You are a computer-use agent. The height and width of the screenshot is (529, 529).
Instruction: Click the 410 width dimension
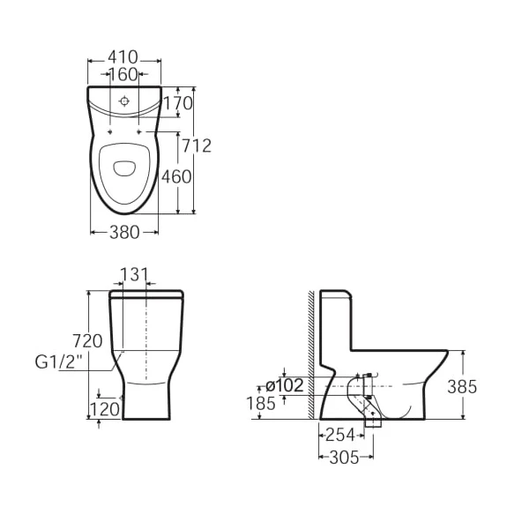[x=123, y=57]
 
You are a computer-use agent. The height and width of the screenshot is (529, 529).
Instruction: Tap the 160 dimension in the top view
[x=123, y=75]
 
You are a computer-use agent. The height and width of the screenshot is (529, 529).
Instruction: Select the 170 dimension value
[x=178, y=103]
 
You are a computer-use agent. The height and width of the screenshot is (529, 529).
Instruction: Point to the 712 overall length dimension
[x=197, y=145]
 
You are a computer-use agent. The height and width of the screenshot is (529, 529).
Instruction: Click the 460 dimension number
[x=176, y=176]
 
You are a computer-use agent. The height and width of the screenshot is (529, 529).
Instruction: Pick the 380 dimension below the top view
[x=124, y=233]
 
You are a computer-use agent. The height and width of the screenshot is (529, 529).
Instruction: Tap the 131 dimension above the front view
[x=134, y=274]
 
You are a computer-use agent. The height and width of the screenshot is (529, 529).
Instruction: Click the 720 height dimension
[x=87, y=340]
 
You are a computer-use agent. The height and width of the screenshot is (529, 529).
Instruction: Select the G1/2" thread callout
[x=59, y=362]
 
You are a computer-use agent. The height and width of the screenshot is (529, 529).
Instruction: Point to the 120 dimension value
[x=105, y=410]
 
